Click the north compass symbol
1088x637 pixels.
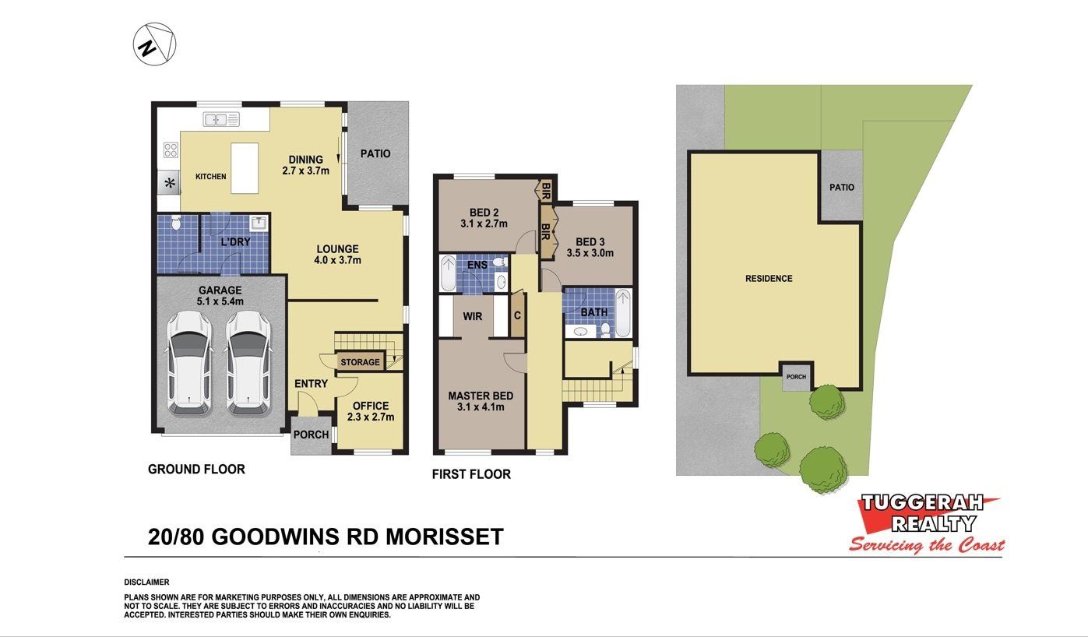[154, 44]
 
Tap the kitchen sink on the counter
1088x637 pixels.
[221, 119]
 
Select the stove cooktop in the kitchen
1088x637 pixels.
[171, 150]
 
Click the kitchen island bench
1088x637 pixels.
[245, 168]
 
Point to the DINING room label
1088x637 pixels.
[305, 159]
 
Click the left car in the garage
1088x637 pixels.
[189, 363]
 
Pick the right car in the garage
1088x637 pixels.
[248, 363]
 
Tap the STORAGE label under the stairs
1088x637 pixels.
[360, 362]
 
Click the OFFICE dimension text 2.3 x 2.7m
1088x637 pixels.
[371, 417]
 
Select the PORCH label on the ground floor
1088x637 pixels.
[311, 435]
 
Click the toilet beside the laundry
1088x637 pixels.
[176, 223]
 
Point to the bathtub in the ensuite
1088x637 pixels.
[448, 273]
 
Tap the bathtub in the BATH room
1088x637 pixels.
[623, 313]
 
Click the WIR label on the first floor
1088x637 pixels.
[472, 317]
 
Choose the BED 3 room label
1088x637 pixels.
[590, 241]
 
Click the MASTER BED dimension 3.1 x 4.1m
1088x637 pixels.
[481, 406]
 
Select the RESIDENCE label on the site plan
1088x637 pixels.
[769, 279]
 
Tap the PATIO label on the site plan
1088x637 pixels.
[842, 188]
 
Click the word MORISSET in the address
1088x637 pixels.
[445, 537]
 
